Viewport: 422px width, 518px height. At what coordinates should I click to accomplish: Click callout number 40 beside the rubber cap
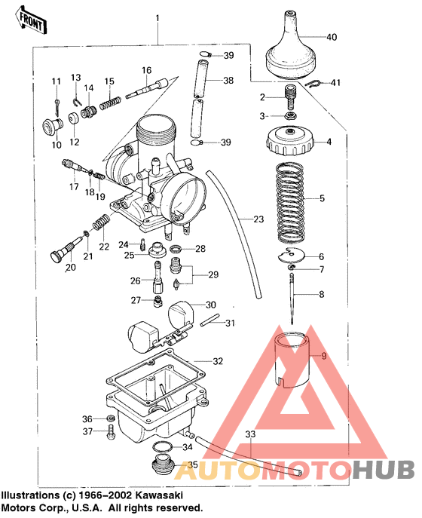click(332, 37)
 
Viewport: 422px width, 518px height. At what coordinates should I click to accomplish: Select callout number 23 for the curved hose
click(258, 220)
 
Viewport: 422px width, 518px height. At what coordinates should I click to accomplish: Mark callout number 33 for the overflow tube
click(250, 434)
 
